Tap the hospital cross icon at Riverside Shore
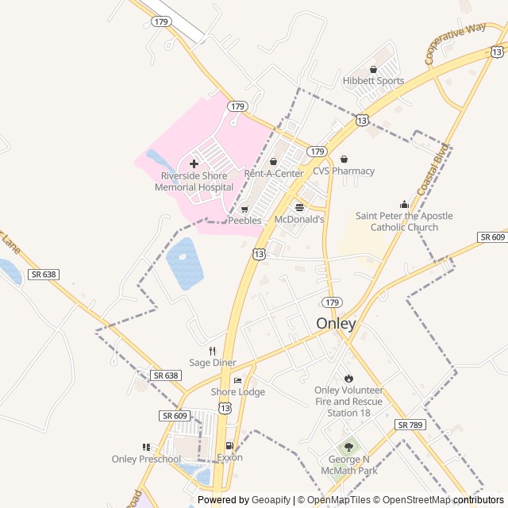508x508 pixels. (x=194, y=164)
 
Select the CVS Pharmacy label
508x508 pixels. (x=343, y=171)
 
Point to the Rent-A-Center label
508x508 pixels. (x=273, y=173)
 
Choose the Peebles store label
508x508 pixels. (x=244, y=221)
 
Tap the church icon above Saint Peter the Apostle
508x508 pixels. (x=404, y=205)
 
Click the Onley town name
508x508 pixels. (x=336, y=324)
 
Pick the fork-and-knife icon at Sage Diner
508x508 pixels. (x=212, y=351)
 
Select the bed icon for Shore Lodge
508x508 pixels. (x=237, y=381)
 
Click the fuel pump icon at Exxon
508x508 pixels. (x=229, y=446)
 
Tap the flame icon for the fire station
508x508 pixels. (x=348, y=378)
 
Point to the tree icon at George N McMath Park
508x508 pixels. (x=348, y=448)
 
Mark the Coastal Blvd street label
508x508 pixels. (x=433, y=165)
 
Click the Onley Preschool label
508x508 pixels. (x=146, y=459)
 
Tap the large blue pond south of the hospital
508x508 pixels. (x=184, y=263)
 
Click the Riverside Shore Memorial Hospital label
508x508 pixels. (x=194, y=182)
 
